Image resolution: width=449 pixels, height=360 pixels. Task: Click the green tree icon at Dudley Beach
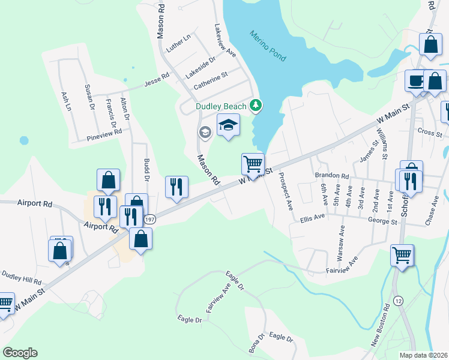click(x=256, y=106)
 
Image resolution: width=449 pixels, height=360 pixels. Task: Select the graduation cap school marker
click(x=228, y=125)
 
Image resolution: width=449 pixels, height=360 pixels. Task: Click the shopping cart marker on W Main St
click(x=253, y=163)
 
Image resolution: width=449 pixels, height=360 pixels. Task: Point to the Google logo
click(x=20, y=352)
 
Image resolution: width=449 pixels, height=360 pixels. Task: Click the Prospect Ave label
click(x=285, y=190)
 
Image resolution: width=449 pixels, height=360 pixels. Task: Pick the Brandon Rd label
click(x=332, y=175)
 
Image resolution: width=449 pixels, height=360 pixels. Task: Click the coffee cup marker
click(x=416, y=80)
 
